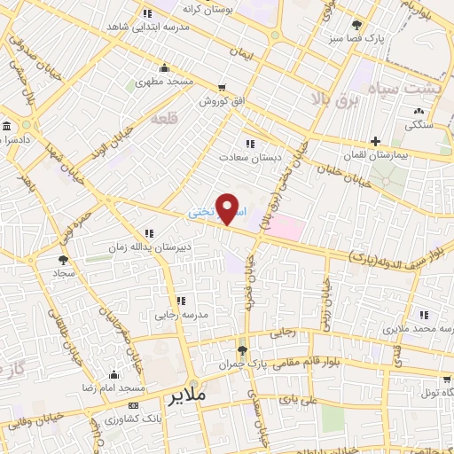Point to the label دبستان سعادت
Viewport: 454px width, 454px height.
coord(249,156)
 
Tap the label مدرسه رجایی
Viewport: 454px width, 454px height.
coord(181,314)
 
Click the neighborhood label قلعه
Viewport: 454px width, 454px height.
coord(165,118)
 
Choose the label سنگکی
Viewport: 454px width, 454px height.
coord(419,125)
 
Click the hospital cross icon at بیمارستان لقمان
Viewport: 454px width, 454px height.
coord(376,141)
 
